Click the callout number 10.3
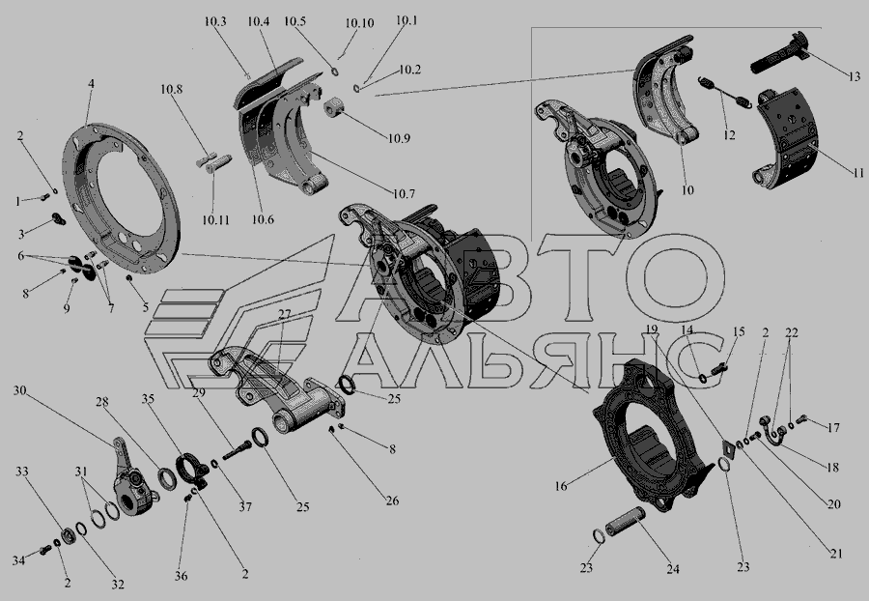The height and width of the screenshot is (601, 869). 215,21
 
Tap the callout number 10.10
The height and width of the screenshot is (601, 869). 359,23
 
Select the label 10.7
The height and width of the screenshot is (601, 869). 404,194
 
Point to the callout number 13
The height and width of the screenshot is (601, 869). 854,76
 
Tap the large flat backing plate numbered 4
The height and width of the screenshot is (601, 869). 122,198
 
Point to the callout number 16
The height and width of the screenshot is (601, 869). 561,486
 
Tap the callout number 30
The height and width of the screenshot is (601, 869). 20,390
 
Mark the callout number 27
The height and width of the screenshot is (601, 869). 284,314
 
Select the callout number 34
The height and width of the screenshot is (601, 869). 19,561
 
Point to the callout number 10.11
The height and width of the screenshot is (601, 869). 215,220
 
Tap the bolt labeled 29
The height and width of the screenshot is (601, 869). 237,449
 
